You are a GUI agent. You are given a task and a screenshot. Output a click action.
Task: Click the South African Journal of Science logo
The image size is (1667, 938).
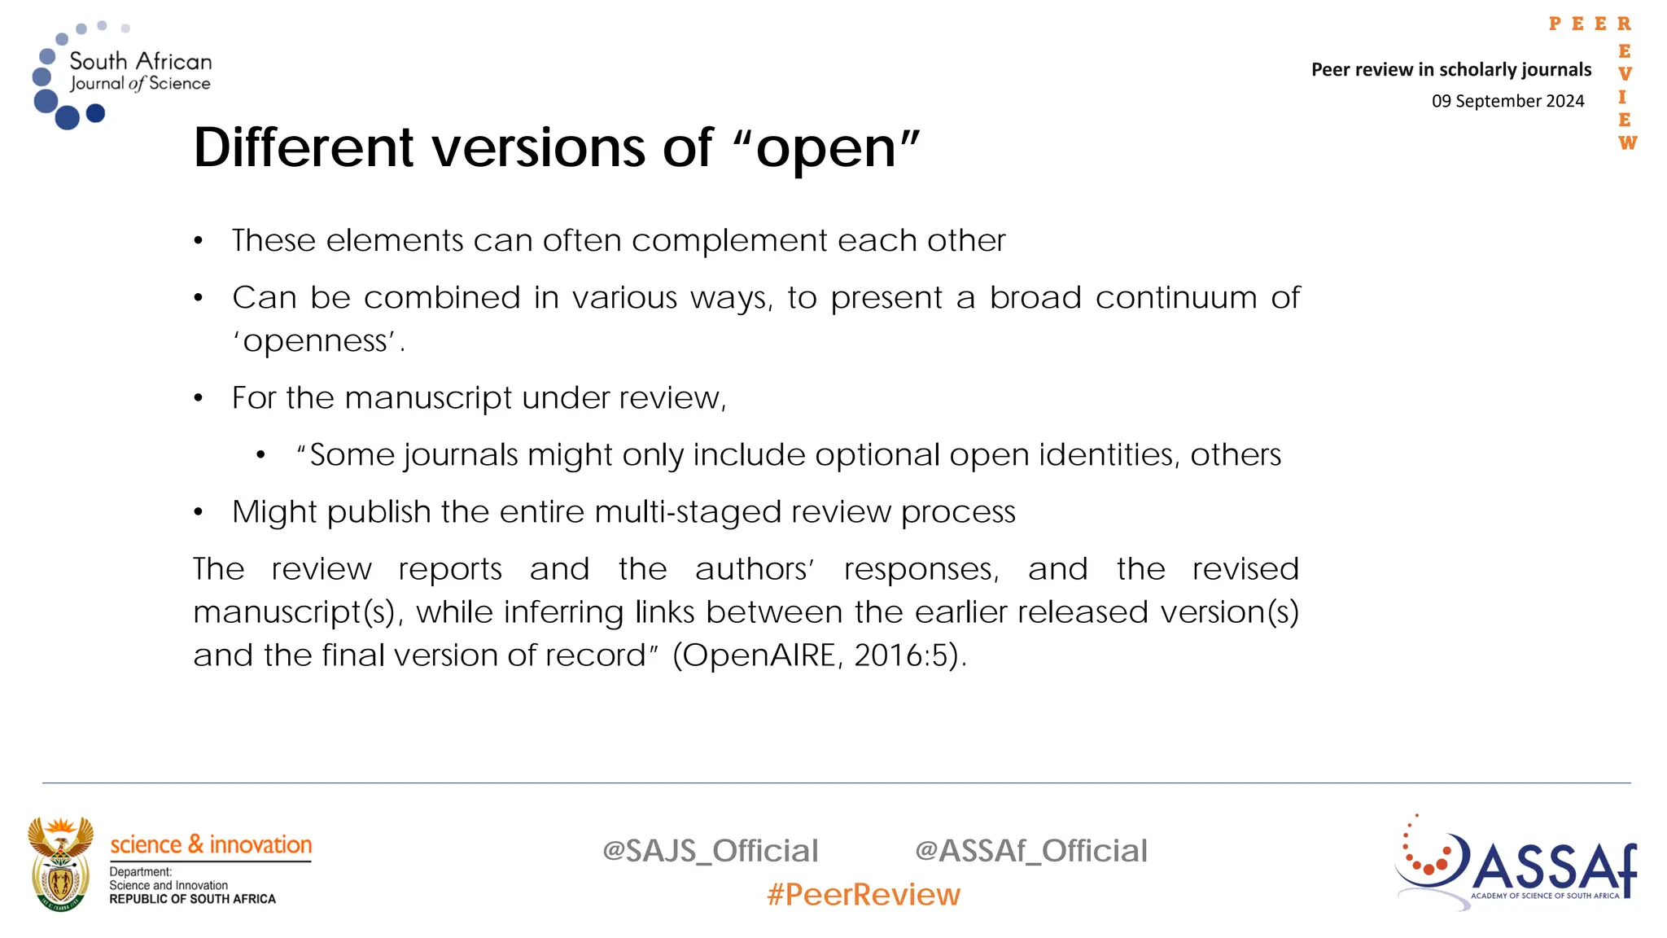point(122,75)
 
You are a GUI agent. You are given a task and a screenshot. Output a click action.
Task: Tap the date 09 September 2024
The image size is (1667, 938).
point(1507,101)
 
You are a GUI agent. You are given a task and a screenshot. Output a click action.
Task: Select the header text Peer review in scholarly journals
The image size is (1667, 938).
point(1450,70)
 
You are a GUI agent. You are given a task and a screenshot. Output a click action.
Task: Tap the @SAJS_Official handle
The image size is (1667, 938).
point(710,851)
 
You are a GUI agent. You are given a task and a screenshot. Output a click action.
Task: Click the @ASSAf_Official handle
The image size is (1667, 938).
point(1030,851)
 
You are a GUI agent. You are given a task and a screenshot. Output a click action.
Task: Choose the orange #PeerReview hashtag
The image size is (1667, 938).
point(863,895)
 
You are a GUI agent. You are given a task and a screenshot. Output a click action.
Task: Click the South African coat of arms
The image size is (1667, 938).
point(60,864)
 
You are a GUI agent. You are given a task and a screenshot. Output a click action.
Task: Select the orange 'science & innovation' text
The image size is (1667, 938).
point(211,845)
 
